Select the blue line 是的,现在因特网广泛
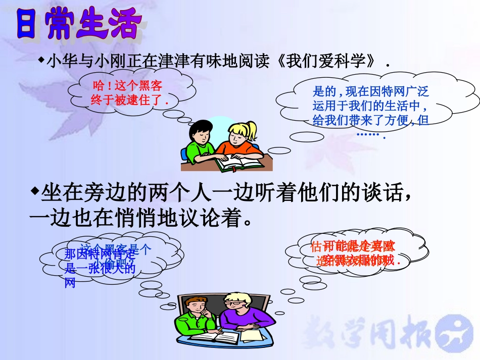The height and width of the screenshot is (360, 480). (371, 91)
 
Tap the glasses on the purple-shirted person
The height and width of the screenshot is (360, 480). (234, 304)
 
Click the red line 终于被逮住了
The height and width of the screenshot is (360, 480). (129, 100)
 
